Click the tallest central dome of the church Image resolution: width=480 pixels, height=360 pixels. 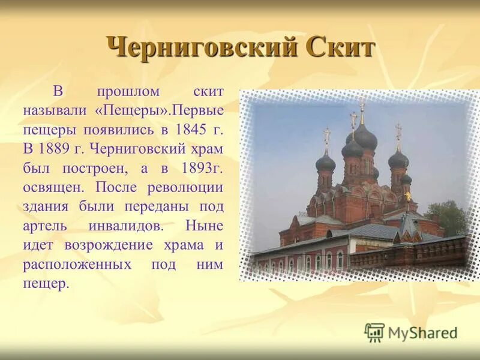[x=362, y=137]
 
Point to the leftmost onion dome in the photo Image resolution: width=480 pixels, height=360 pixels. [x=326, y=160]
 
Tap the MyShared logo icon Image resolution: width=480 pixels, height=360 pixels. [x=375, y=332]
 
